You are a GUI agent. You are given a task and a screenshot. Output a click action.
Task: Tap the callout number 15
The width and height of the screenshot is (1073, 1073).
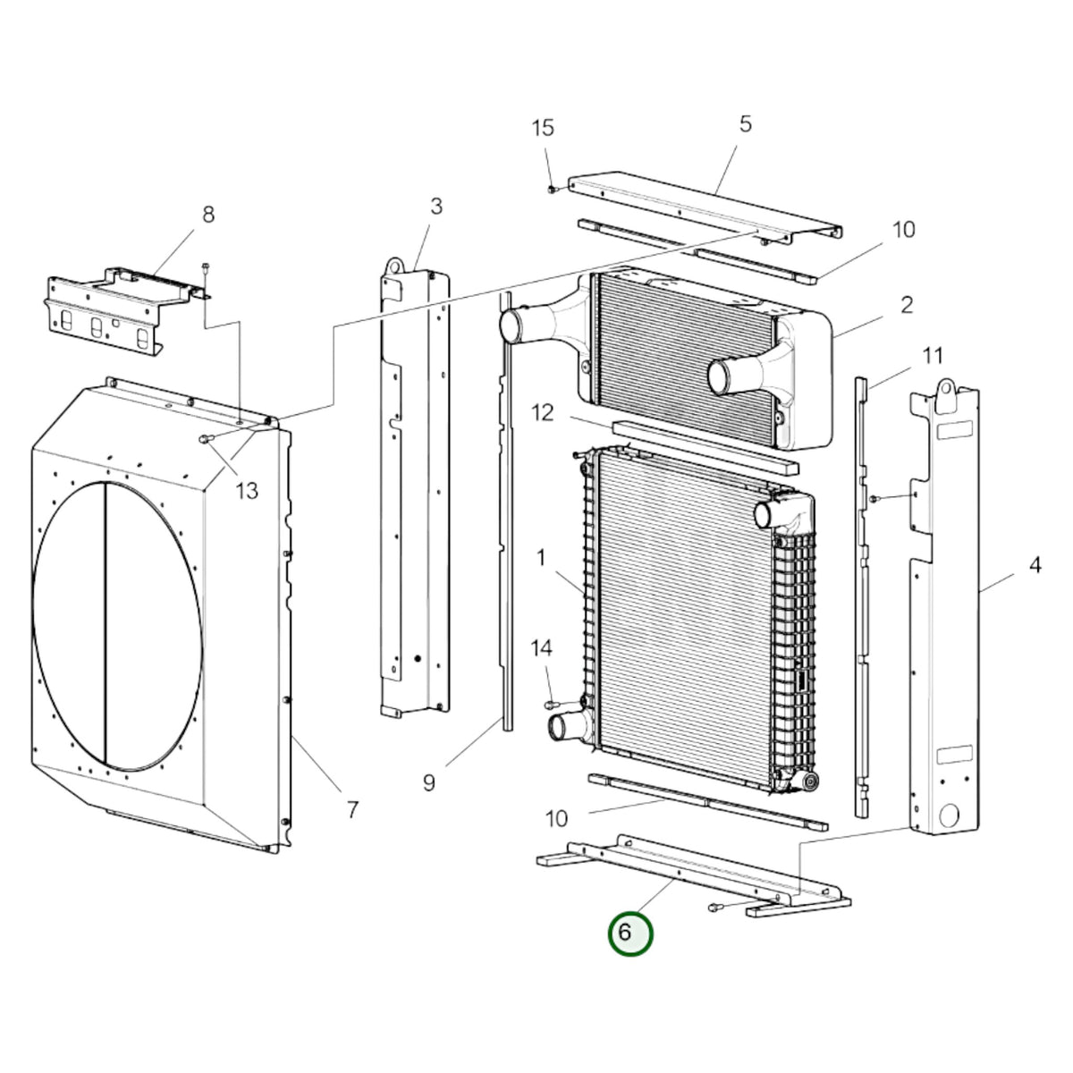click(543, 128)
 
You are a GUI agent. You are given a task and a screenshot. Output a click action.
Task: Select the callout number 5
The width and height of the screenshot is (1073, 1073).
click(745, 124)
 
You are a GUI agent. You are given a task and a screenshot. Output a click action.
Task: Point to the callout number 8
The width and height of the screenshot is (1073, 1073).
click(208, 215)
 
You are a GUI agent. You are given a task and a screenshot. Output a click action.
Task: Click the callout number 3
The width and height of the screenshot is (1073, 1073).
click(436, 206)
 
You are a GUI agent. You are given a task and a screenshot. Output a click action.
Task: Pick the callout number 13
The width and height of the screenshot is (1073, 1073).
click(247, 491)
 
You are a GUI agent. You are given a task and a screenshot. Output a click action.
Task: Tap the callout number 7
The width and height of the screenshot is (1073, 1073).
click(352, 809)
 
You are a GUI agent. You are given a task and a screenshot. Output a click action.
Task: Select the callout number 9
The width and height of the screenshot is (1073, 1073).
click(429, 782)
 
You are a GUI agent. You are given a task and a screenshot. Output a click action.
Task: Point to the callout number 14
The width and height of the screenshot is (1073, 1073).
click(541, 647)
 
